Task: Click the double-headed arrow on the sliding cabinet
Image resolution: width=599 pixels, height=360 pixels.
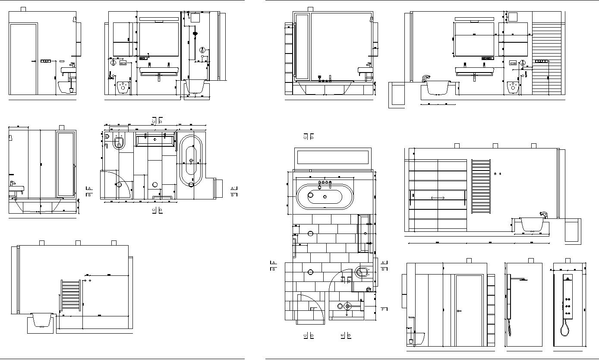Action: [438, 198]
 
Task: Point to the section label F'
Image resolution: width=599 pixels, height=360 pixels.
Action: [384, 309]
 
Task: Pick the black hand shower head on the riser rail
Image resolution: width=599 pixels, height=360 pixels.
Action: [195, 33]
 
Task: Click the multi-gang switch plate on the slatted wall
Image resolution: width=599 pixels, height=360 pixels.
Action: [542, 61]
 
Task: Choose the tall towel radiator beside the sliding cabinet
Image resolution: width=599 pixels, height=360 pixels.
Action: [481, 186]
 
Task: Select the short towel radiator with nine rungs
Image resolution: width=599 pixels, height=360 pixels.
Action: [71, 295]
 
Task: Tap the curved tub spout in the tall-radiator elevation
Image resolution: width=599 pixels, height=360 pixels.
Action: [543, 214]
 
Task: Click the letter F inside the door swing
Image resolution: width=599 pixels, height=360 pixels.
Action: [314, 309]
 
